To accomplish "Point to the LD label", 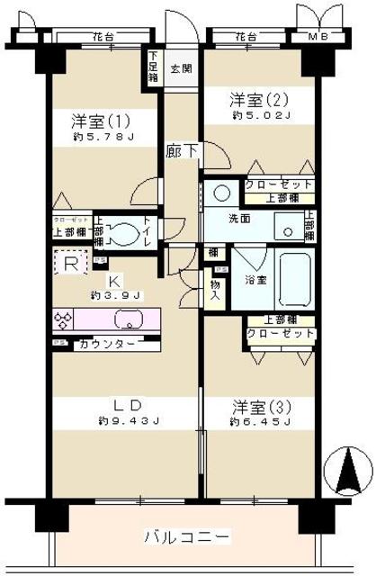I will click(127, 404).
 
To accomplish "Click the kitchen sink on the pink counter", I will click(127, 319).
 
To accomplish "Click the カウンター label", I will click(108, 344).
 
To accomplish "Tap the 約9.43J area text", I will click(129, 420).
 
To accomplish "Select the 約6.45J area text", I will click(259, 421).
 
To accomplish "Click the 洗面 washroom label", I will click(238, 218).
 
